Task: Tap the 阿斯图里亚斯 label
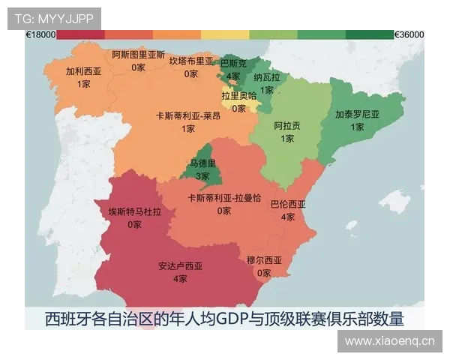pos(138,55)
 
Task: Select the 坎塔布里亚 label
pos(191,61)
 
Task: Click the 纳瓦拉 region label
pos(266,77)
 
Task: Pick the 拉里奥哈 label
pos(238,95)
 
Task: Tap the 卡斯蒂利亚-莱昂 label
pos(188,116)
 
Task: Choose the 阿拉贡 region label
pos(288,125)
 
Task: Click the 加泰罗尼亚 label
pos(357,115)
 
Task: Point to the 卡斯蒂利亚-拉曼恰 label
pos(224,198)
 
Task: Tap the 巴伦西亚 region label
pos(287,204)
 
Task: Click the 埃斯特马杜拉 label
pos(134,212)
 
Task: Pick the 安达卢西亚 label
pos(180,265)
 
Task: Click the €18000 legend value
pos(40,34)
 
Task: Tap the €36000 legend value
pos(409,34)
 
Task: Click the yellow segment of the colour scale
pos(225,34)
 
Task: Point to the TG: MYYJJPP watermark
pos(54,17)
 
